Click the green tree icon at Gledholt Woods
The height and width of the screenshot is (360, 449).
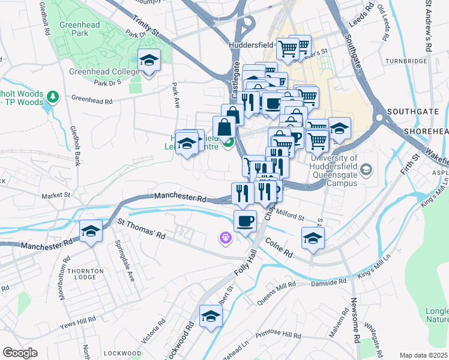53,96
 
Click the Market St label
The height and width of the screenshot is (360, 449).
56,196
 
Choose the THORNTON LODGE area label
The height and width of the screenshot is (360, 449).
81,275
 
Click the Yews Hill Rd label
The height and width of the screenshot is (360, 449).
78,325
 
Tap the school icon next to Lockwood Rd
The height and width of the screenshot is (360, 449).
211,316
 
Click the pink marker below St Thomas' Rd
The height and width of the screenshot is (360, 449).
225,239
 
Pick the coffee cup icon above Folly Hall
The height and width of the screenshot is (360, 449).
244,221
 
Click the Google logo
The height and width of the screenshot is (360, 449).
20,353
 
